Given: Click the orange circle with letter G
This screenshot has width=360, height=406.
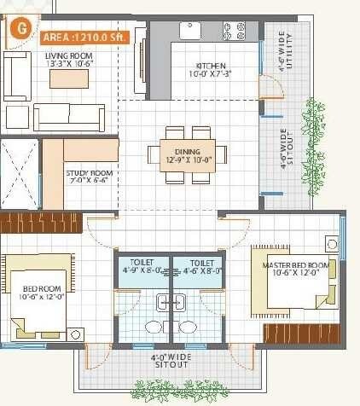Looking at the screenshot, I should pyautogui.click(x=20, y=26).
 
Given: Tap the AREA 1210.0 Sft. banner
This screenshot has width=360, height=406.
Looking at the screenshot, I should pyautogui.click(x=85, y=37).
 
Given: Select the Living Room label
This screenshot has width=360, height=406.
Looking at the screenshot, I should pyautogui.click(x=69, y=58).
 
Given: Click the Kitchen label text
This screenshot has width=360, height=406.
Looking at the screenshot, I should pyautogui.click(x=211, y=69).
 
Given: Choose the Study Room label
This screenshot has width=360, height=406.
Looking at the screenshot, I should pyautogui.click(x=90, y=177).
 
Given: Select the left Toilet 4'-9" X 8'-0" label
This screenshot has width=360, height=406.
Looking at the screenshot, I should pyautogui.click(x=142, y=267).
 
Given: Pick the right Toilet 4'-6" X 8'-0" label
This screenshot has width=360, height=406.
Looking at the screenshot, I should pyautogui.click(x=201, y=267).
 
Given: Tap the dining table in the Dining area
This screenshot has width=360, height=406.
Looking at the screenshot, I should pyautogui.click(x=195, y=154).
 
